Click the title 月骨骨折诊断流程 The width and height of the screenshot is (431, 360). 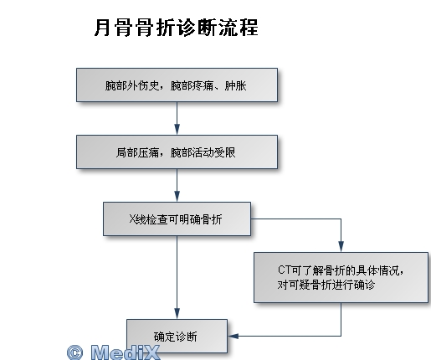tap(176, 28)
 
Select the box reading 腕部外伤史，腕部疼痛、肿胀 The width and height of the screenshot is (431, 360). tap(177, 85)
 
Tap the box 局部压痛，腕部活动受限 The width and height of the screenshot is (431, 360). tap(177, 152)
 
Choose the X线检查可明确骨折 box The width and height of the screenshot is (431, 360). tap(177, 219)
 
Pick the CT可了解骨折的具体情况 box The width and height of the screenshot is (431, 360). tap(341, 277)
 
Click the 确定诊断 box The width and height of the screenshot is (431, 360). tap(177, 336)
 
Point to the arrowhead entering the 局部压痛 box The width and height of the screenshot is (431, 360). tap(177, 130)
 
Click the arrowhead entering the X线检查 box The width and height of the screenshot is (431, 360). tap(177, 197)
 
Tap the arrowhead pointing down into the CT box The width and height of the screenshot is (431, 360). tap(341, 247)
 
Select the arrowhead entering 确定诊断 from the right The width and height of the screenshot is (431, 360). tap(233, 336)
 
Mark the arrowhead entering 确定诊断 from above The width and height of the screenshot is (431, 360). tap(177, 314)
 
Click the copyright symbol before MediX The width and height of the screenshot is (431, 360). tap(74, 352)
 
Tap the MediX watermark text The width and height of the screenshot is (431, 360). tap(126, 352)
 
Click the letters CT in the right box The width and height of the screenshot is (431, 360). tap(285, 270)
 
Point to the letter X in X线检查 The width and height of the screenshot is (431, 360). tap(132, 219)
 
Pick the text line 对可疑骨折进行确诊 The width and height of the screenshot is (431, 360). tap(326, 285)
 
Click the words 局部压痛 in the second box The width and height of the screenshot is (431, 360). tap(137, 152)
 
